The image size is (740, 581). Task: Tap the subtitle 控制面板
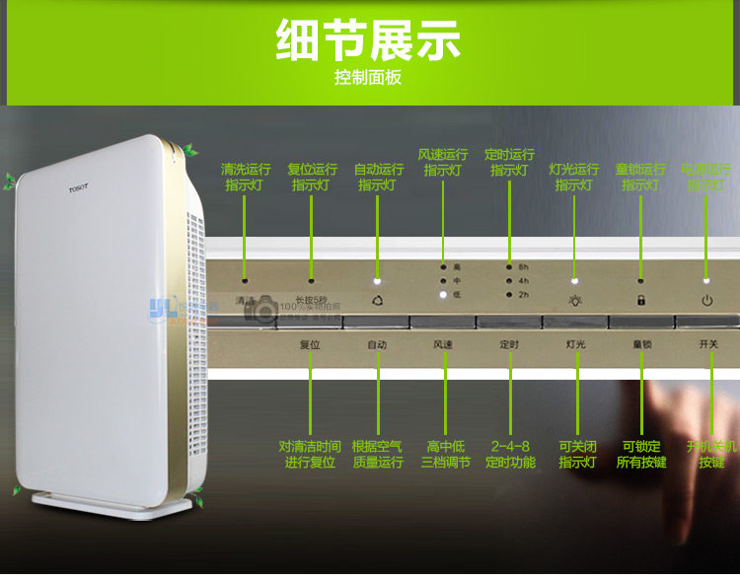[x=368, y=78]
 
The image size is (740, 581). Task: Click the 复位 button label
[x=310, y=345]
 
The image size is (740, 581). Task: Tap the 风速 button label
[x=443, y=345]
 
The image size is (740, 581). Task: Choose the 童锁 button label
[x=642, y=345]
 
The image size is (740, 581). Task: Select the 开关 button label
[x=708, y=345]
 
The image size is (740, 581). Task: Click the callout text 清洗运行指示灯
[x=246, y=177]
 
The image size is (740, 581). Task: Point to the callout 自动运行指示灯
[x=378, y=177]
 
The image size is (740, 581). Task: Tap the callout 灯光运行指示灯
[x=574, y=177]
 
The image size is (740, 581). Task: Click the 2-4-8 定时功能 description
[x=510, y=454]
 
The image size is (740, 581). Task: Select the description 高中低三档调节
[x=445, y=454]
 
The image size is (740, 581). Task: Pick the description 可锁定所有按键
[x=641, y=454]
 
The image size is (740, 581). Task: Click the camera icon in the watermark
[x=264, y=311]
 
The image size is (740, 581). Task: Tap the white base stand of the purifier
[x=110, y=504]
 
